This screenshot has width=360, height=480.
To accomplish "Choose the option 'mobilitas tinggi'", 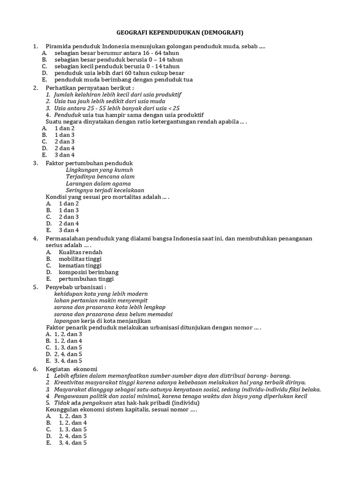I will pos(80,259).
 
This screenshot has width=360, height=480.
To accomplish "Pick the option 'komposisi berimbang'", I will pos(88,272).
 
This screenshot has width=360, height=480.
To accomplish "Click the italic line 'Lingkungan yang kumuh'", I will pos(99,170).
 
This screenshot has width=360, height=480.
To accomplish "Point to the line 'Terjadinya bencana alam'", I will pos(100,177).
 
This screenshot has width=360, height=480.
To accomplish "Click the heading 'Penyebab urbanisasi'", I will pos(75,287).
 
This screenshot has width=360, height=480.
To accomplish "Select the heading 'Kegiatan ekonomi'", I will pos(71,369).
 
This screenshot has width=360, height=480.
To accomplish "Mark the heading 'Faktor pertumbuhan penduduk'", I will pos(89,163).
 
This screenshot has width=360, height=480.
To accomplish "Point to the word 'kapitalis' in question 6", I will pos(139,409).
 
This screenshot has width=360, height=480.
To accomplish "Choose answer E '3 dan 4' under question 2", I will pos(65,155).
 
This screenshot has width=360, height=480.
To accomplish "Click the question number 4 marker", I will pos(35,239).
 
